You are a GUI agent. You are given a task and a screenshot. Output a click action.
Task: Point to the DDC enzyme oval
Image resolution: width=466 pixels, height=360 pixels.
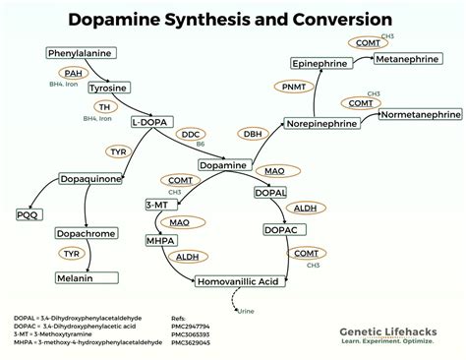[192, 134]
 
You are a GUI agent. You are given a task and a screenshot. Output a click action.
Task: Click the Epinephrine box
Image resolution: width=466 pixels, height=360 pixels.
[321, 63]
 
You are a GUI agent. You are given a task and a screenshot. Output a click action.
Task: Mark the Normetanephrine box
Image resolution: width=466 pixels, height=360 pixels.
[420, 114]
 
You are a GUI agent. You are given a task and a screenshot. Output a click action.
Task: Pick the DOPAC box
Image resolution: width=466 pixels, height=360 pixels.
[280, 229]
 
